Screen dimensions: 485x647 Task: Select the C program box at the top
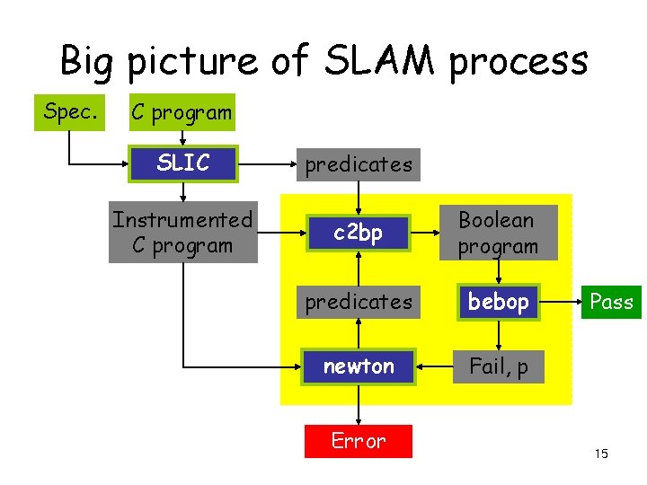tap(182, 112)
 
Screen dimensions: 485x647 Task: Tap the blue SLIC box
tap(182, 163)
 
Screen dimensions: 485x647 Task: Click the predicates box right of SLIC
tap(359, 164)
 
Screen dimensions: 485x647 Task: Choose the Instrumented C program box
tap(182, 233)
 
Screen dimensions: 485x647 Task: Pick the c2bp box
tap(359, 233)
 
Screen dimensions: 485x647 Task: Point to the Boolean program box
tap(497, 233)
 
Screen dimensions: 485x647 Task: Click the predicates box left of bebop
tap(359, 302)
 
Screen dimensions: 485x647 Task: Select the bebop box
tap(498, 302)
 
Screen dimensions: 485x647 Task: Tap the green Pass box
tap(611, 302)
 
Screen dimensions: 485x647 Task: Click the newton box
tap(359, 366)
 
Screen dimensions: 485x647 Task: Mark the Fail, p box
tap(498, 366)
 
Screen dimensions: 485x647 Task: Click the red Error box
tap(359, 441)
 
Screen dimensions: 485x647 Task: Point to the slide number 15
tap(601, 454)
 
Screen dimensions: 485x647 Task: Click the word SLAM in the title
tap(378, 61)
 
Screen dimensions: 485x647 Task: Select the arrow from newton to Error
tap(359, 404)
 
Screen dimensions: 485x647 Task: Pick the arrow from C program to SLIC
tap(182, 137)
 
